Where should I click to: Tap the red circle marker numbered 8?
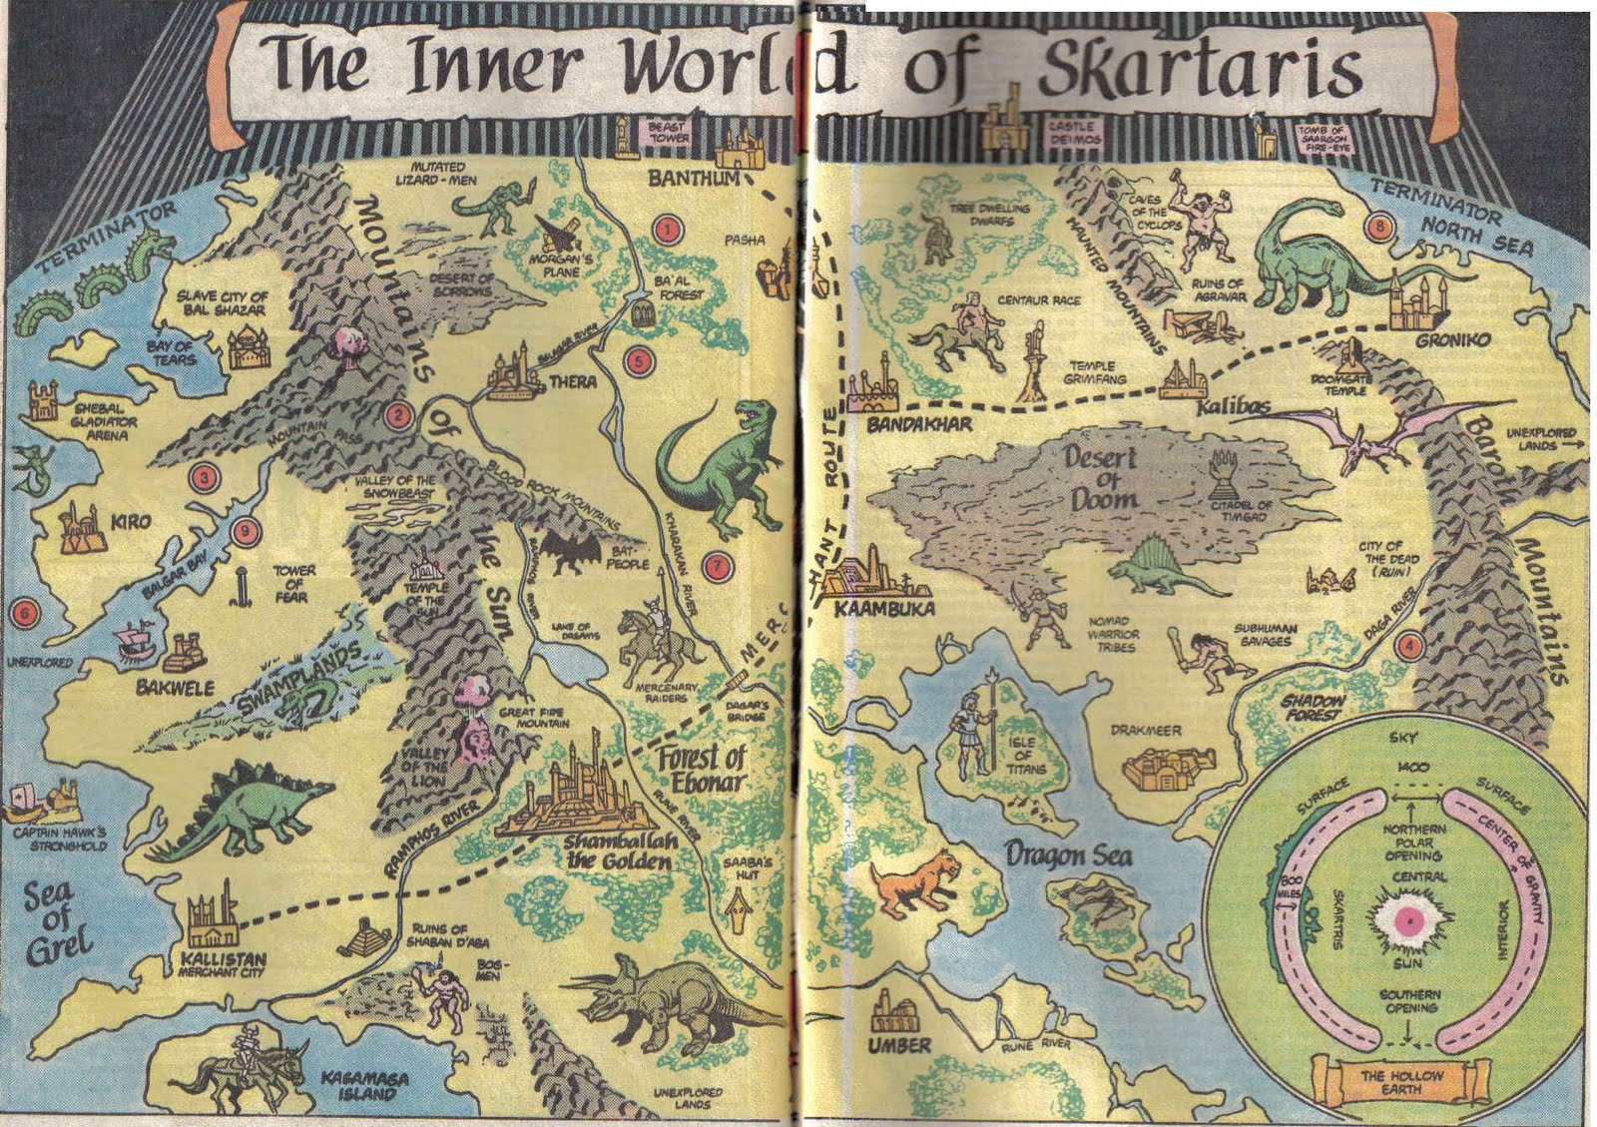click(x=1381, y=227)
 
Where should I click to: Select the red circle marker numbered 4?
click(x=1409, y=645)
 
